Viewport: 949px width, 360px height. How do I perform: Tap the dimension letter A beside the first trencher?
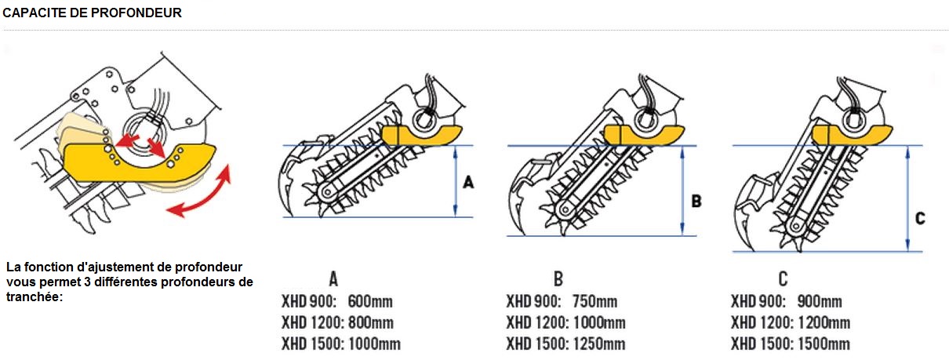(469, 182)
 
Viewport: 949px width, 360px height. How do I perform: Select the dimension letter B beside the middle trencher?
(696, 201)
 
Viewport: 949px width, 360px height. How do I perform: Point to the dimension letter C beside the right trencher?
(920, 219)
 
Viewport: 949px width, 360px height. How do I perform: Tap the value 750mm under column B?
(596, 302)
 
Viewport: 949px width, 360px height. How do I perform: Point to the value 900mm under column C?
(820, 302)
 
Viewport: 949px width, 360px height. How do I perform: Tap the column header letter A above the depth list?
(333, 278)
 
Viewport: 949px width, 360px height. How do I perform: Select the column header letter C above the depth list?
(783, 278)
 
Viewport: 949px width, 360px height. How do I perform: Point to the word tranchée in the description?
(33, 296)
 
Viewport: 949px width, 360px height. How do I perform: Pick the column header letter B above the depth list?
(558, 278)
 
